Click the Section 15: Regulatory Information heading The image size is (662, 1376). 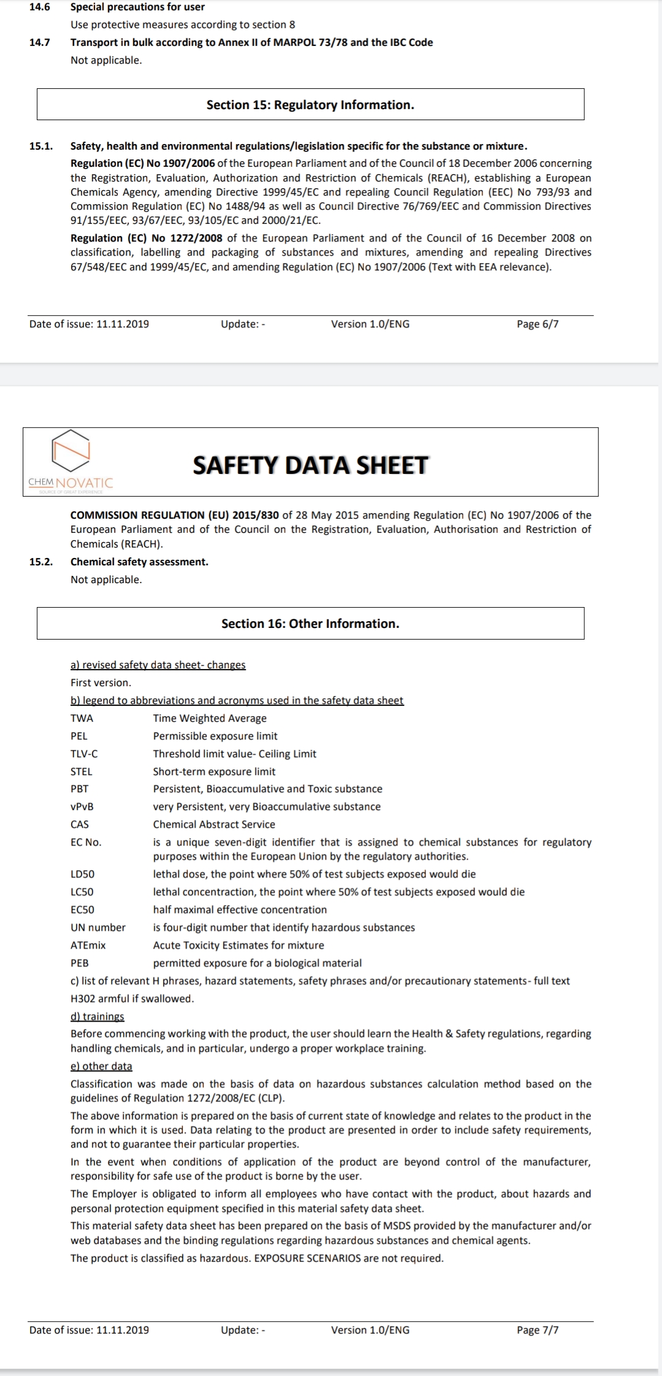click(x=310, y=105)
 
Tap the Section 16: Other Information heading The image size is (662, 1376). click(x=310, y=624)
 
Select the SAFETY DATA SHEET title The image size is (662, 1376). click(x=310, y=465)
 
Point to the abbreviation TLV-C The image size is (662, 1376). click(x=84, y=754)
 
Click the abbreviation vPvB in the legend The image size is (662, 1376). click(x=82, y=806)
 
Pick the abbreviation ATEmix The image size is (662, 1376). click(x=88, y=945)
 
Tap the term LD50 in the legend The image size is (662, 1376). click(x=83, y=874)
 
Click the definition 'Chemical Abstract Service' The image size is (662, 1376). click(x=214, y=824)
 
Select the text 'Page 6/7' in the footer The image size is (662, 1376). click(x=538, y=324)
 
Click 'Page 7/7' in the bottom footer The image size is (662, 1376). click(x=538, y=1329)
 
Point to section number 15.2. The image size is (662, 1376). click(x=41, y=562)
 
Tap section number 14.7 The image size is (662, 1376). click(x=40, y=42)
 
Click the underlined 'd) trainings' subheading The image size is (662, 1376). click(x=97, y=1016)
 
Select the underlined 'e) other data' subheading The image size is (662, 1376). click(x=101, y=1066)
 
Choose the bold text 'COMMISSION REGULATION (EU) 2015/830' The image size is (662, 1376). click(x=175, y=515)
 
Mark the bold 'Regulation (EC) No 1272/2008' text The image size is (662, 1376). click(x=146, y=238)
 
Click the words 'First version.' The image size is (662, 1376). click(x=101, y=682)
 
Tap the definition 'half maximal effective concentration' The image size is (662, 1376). click(x=240, y=909)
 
